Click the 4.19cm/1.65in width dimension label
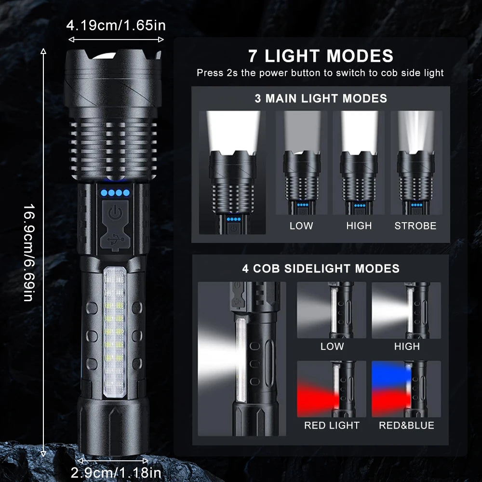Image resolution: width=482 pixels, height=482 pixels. pyautogui.click(x=116, y=25)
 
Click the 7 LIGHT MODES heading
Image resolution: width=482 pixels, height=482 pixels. pyautogui.click(x=321, y=56)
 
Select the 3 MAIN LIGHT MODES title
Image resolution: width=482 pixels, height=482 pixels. pyautogui.click(x=321, y=99)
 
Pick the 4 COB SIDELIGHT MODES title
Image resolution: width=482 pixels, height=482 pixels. pyautogui.click(x=321, y=268)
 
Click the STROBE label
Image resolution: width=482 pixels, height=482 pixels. pyautogui.click(x=415, y=226)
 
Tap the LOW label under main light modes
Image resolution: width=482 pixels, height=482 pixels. pyautogui.click(x=301, y=226)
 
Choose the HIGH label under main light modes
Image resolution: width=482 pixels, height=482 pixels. pyautogui.click(x=359, y=226)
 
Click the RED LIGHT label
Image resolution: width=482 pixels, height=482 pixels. pyautogui.click(x=332, y=425)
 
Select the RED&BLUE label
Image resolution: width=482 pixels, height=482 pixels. pyautogui.click(x=406, y=425)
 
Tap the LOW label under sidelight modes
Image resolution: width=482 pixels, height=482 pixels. pyautogui.click(x=332, y=346)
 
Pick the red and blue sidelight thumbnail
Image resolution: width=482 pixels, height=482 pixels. pyautogui.click(x=406, y=388)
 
